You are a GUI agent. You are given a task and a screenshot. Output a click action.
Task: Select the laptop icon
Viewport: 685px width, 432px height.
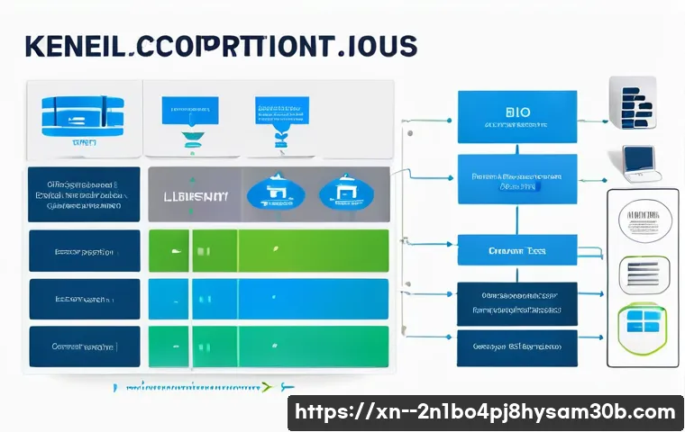pyautogui.click(x=641, y=161)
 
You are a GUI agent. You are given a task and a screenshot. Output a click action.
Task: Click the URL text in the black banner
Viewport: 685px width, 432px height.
pyautogui.click(x=485, y=412)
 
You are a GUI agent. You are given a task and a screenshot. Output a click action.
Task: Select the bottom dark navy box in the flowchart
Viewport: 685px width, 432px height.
pyautogui.click(x=516, y=346)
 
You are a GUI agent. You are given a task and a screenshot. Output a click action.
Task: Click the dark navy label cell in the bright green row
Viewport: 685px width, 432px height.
pyautogui.click(x=84, y=251)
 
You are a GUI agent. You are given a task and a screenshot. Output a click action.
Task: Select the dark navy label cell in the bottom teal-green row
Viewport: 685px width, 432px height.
pyautogui.click(x=84, y=346)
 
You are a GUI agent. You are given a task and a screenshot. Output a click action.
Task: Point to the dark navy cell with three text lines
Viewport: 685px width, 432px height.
pyautogui.click(x=84, y=193)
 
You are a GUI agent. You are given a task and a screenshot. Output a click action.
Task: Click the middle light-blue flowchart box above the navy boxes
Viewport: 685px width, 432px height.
pyautogui.click(x=516, y=250)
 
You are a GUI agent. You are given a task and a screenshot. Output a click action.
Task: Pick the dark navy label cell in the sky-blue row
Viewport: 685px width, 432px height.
pyautogui.click(x=84, y=299)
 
